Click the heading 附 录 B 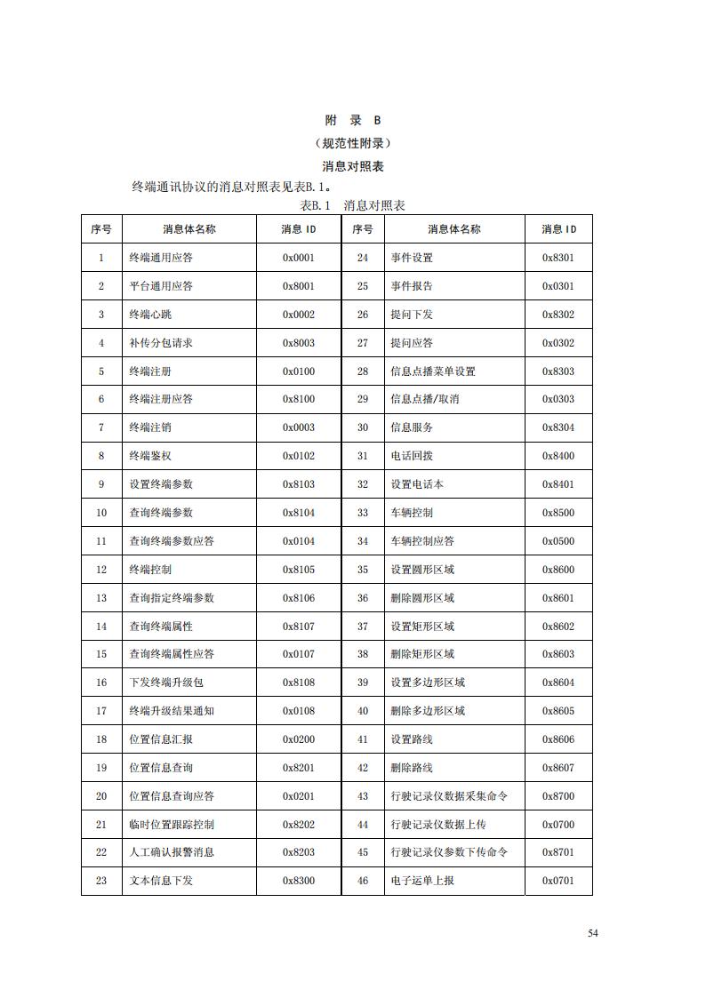coord(352,120)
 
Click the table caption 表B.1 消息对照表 coord(352,205)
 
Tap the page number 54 coord(593,933)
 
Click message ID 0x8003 coord(299,343)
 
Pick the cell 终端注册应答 coord(161,399)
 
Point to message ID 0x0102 coord(299,456)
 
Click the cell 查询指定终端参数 coord(172,598)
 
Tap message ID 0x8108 coord(299,683)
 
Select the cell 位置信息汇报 coord(161,739)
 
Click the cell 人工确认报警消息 coord(172,852)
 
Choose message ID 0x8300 coord(299,881)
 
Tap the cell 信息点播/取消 coord(425,399)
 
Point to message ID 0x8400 coord(558,456)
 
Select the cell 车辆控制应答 coord(422,541)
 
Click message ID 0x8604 coord(558,683)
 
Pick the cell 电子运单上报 coord(422,881)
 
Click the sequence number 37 coord(363,627)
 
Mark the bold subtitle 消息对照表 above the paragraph coord(352,166)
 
